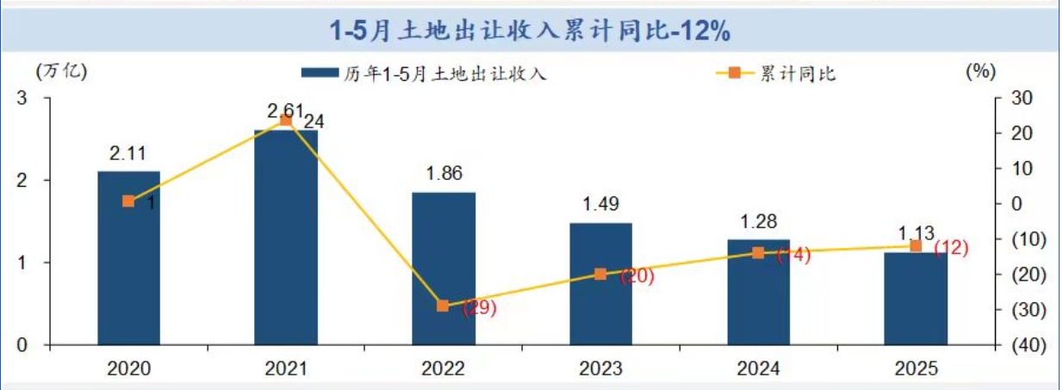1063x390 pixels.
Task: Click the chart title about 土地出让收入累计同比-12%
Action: point(531,31)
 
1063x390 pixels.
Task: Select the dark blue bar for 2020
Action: point(128,258)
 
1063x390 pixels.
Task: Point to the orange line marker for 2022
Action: point(443,306)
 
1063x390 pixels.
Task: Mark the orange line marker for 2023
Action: point(600,274)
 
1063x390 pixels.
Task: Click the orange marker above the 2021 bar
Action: point(286,121)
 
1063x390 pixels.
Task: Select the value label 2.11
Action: point(127,154)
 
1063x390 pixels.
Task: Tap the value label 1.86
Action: point(444,174)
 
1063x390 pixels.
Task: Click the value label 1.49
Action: point(600,205)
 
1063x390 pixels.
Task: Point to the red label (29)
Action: point(480,309)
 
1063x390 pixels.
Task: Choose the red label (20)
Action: point(637,276)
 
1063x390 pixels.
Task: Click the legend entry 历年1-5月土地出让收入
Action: point(424,74)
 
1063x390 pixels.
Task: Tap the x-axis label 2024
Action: point(758,368)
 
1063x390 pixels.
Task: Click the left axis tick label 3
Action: point(22,99)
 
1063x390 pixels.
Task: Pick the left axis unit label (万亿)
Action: point(61,71)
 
